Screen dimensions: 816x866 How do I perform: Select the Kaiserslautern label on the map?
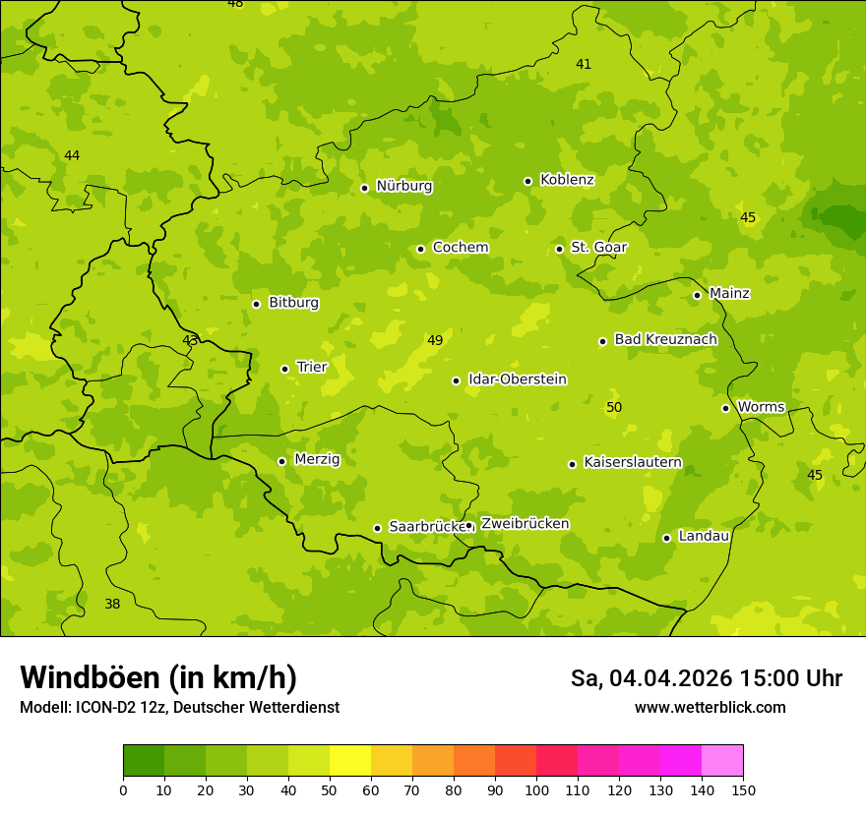tap(632, 462)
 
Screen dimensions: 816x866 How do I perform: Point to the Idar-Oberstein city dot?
tap(457, 380)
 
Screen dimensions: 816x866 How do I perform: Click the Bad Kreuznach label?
tap(665, 339)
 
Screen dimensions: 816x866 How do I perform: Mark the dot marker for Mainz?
tap(697, 295)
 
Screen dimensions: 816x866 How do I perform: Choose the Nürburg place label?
tap(403, 186)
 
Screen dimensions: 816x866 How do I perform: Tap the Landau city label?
tap(704, 536)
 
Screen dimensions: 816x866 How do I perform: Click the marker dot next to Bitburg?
tap(256, 304)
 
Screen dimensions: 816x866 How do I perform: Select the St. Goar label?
tap(598, 248)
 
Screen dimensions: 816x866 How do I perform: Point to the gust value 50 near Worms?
tap(614, 407)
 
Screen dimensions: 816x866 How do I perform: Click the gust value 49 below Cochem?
tap(435, 340)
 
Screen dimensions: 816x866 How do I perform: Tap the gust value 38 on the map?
tap(112, 604)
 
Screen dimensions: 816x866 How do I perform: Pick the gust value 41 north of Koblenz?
tap(584, 64)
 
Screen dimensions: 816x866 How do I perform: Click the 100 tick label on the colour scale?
tap(536, 789)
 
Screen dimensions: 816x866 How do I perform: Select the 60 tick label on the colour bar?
tap(371, 789)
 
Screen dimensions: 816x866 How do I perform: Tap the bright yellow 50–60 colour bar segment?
tap(350, 761)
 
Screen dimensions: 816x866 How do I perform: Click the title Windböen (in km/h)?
tap(158, 677)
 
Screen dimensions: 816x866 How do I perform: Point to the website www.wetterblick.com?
tap(710, 707)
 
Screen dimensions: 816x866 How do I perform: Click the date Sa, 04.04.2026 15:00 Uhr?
tap(706, 678)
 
